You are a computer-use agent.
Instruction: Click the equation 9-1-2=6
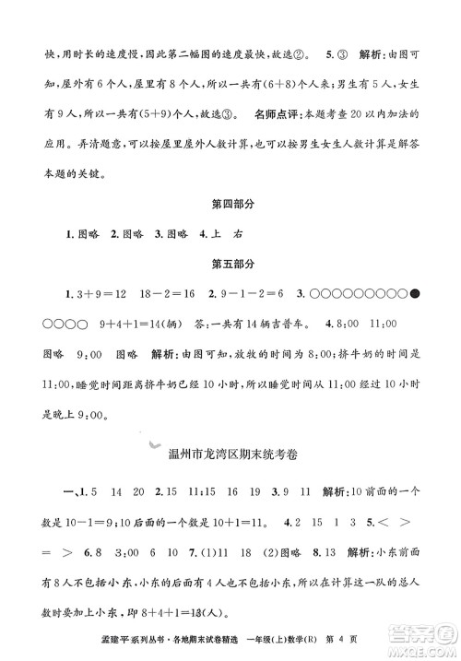242,297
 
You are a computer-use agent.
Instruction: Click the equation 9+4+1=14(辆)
138,325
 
